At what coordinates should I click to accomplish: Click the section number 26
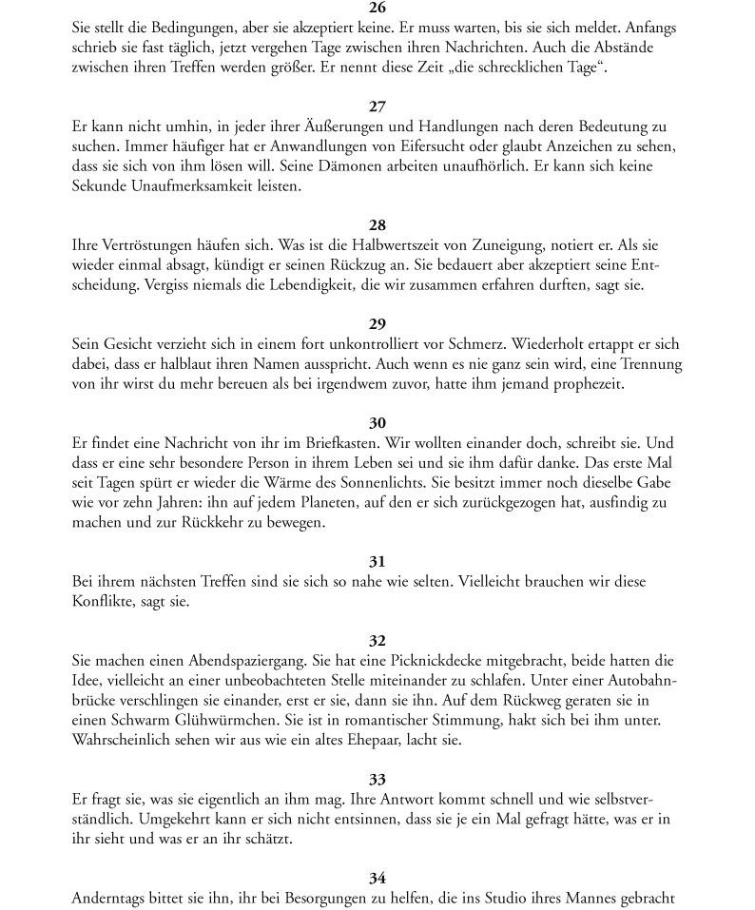pyautogui.click(x=377, y=9)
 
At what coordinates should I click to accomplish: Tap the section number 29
pyautogui.click(x=377, y=324)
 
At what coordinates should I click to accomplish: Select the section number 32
pyautogui.click(x=377, y=641)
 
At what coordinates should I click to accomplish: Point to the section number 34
pyautogui.click(x=377, y=878)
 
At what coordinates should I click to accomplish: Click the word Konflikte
pyautogui.click(x=106, y=601)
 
